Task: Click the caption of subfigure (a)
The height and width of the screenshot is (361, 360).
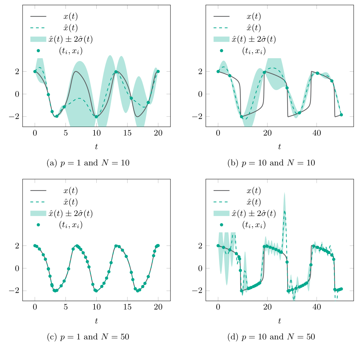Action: [88, 163]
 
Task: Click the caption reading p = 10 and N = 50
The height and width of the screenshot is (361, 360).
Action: [271, 337]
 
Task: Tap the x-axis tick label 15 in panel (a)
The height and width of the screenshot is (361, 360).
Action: [127, 134]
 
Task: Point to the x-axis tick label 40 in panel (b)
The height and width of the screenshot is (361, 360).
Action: [317, 134]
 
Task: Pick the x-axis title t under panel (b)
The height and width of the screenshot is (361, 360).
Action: [280, 147]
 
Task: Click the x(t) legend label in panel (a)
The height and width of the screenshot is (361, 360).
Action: [70, 16]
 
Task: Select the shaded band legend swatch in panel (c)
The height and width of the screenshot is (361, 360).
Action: [38, 213]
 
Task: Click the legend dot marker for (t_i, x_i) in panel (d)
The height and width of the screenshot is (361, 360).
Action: [221, 225]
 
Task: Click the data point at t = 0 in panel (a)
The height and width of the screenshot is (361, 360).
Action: [35, 72]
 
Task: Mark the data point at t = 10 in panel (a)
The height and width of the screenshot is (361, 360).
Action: [96, 117]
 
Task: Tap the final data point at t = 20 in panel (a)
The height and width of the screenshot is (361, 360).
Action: [158, 72]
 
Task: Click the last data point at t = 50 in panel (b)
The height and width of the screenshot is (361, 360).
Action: [341, 115]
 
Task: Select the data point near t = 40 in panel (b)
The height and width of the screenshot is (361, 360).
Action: [317, 73]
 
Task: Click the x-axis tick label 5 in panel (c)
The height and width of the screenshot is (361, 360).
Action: [66, 308]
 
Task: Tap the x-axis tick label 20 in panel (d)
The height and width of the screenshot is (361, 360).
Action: [267, 308]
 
